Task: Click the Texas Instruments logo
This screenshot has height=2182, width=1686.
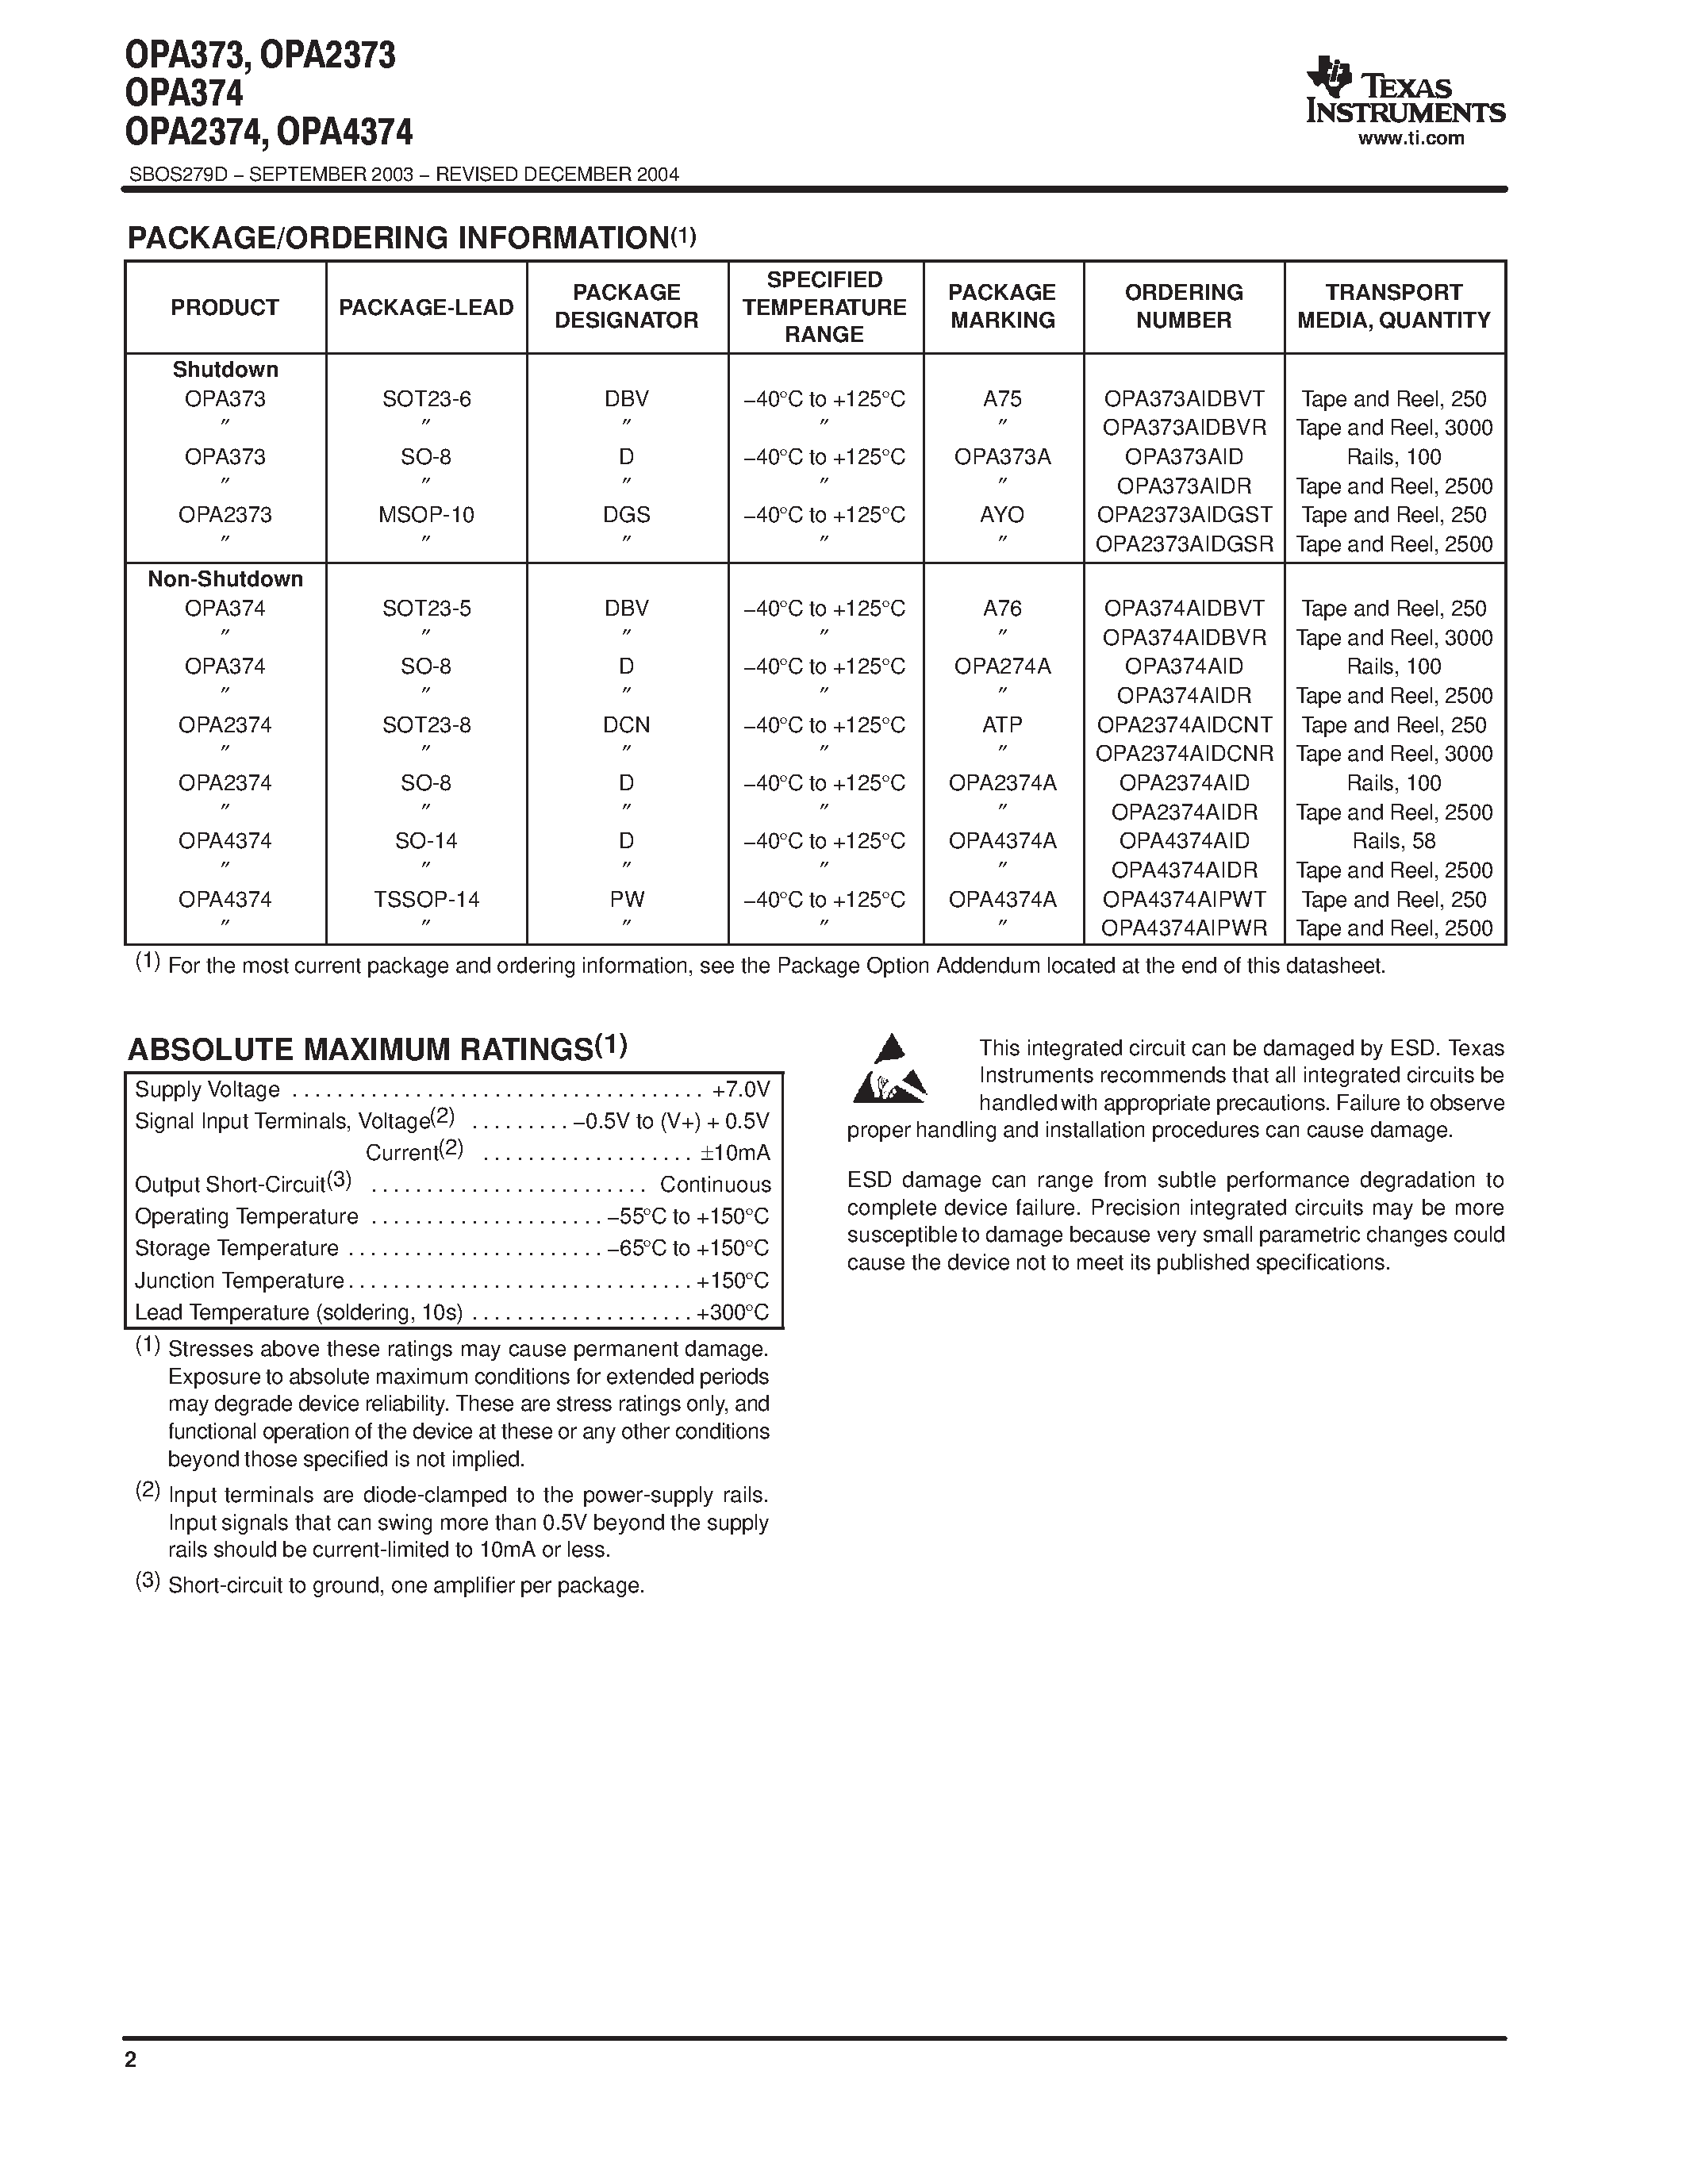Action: point(1404,92)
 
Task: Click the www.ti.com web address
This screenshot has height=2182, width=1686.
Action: point(1411,139)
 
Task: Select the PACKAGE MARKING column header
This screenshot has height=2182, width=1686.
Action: point(1002,307)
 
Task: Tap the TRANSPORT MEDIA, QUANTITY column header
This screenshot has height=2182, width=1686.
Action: point(1393,307)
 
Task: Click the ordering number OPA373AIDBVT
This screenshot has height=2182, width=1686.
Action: point(1184,398)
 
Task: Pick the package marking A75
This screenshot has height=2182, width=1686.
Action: point(1002,398)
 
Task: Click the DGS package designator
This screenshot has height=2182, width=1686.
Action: point(626,514)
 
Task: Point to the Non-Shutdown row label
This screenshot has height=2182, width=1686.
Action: point(225,578)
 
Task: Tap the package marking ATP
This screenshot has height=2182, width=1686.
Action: point(1002,724)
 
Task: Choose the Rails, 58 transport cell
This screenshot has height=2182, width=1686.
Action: point(1393,841)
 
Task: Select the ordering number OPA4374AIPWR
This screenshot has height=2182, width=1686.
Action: point(1184,928)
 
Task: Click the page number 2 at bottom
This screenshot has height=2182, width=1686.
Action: point(130,2060)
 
